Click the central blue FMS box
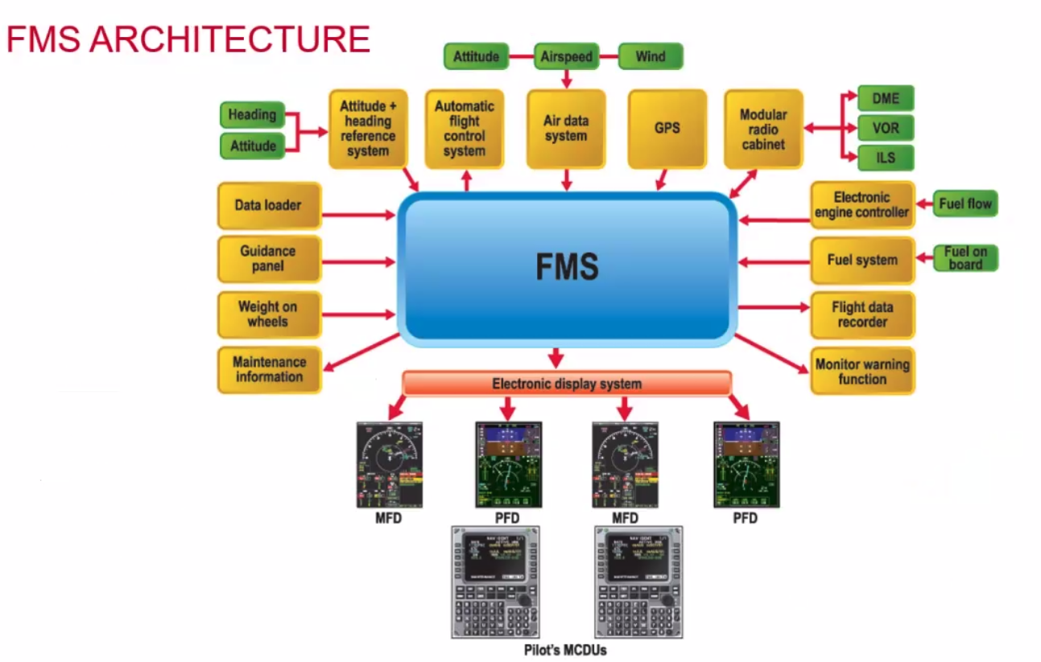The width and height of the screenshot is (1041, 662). point(568,269)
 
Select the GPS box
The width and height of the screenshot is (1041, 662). point(667,128)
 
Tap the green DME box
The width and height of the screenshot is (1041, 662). point(886,98)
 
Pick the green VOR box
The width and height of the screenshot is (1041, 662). point(886,128)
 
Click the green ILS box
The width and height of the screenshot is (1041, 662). point(886,158)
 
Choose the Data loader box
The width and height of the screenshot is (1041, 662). point(269,206)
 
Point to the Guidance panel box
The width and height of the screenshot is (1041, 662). point(269,259)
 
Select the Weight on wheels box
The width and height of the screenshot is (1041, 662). point(269,314)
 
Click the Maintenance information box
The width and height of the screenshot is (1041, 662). point(269,369)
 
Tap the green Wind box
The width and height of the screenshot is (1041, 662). point(650,56)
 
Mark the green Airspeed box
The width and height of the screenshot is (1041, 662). point(566,56)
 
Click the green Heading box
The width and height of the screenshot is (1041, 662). point(252,115)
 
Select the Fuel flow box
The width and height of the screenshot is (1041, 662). point(965,204)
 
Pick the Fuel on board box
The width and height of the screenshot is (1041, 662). point(965,258)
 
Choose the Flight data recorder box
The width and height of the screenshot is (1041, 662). point(862,315)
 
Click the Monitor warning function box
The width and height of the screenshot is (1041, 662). point(862,371)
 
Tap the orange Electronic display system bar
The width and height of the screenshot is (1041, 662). point(567,384)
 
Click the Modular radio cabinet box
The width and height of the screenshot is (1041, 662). point(763,129)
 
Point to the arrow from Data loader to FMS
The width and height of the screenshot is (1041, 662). point(358,215)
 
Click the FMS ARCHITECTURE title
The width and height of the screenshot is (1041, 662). point(188,39)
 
